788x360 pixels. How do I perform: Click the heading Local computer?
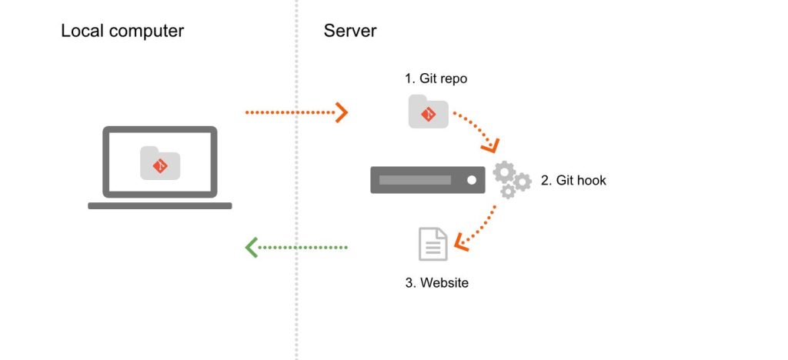pyautogui.click(x=122, y=32)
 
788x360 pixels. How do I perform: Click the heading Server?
pyautogui.click(x=350, y=32)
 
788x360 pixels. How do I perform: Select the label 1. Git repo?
pyautogui.click(x=436, y=78)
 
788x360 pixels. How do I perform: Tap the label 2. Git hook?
pyautogui.click(x=573, y=181)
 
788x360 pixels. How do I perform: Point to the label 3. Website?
pyautogui.click(x=436, y=282)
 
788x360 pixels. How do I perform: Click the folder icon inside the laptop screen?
pyautogui.click(x=160, y=164)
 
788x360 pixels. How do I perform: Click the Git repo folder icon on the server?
pyautogui.click(x=428, y=112)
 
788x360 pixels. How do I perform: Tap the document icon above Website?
pyautogui.click(x=432, y=244)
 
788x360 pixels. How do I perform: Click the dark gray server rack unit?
pyautogui.click(x=427, y=180)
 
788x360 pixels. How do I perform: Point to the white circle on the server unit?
pyautogui.click(x=472, y=180)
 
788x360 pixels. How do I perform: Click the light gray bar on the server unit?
pyautogui.click(x=415, y=180)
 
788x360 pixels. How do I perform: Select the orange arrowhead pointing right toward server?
pyautogui.click(x=341, y=113)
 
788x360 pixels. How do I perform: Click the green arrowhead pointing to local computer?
pyautogui.click(x=252, y=247)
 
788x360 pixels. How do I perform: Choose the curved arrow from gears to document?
pyautogui.click(x=481, y=227)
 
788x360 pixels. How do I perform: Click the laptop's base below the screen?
pyautogui.click(x=159, y=205)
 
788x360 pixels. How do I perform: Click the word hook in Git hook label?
pyautogui.click(x=591, y=181)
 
